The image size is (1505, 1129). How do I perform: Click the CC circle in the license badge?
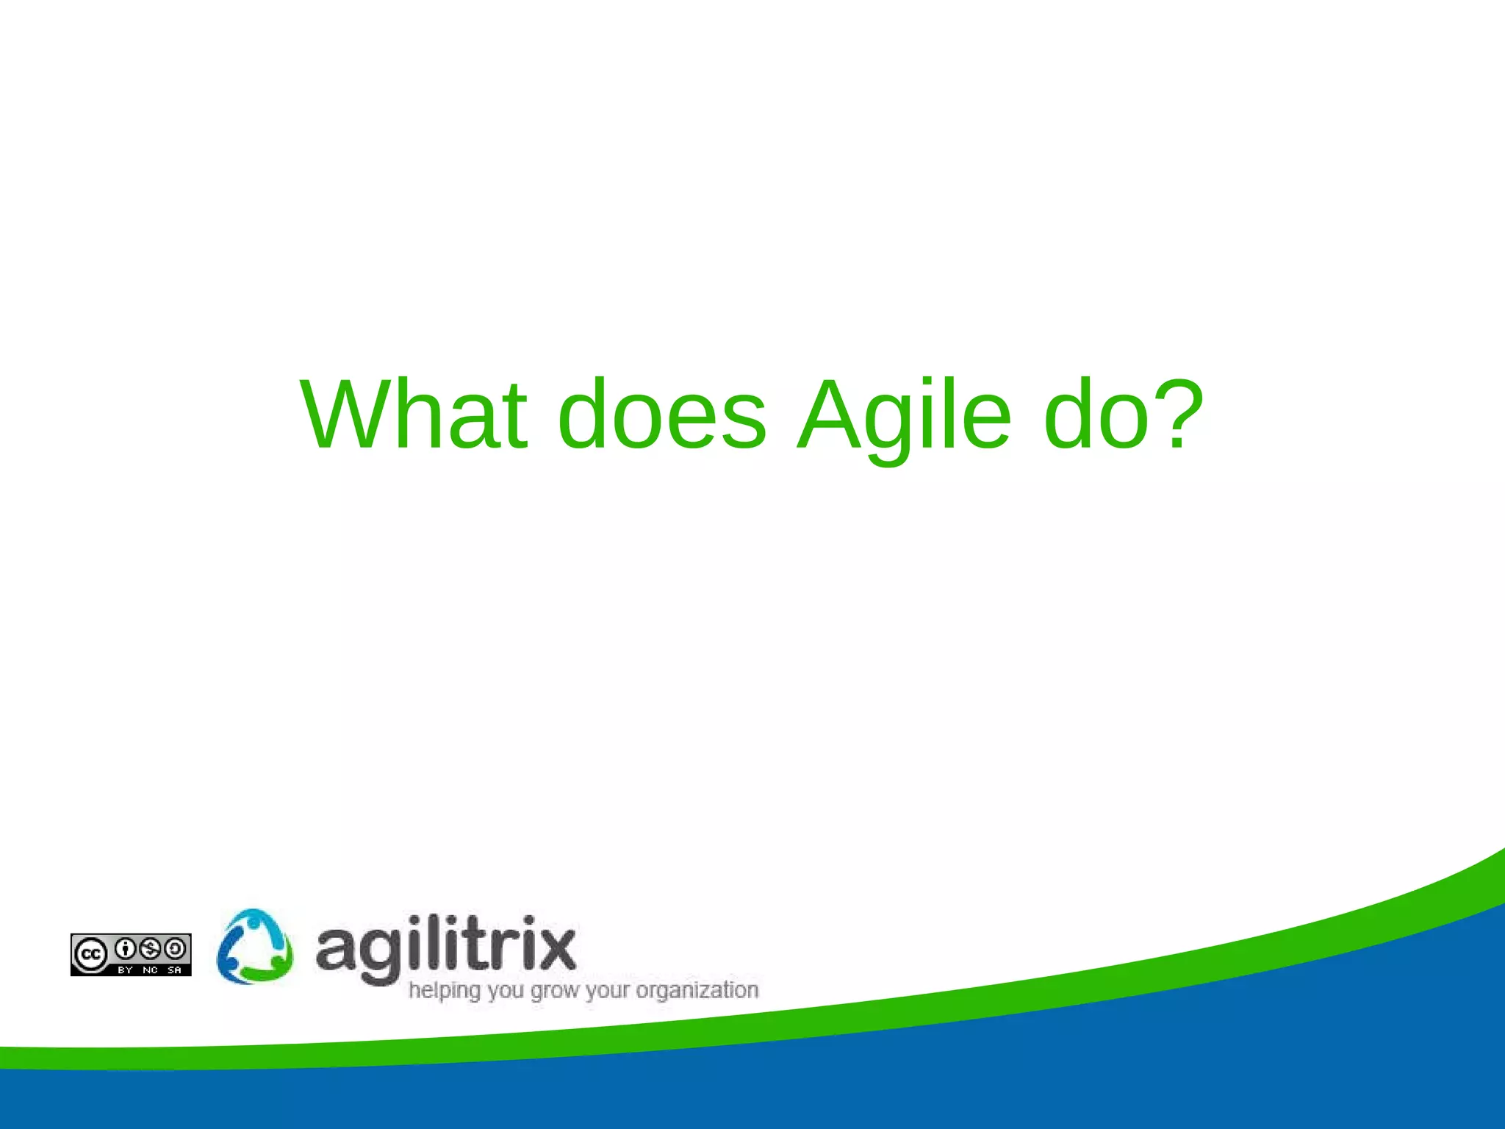tap(91, 955)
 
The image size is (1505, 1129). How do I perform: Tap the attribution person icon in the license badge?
tap(126, 949)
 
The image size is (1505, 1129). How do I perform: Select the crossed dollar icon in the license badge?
tap(151, 949)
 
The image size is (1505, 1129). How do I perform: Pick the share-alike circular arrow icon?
tap(175, 949)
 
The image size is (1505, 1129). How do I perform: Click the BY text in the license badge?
tap(125, 970)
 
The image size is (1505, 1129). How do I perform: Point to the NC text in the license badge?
tap(150, 970)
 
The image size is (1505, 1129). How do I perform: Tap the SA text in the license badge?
tap(174, 970)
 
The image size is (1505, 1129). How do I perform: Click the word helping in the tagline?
tap(444, 991)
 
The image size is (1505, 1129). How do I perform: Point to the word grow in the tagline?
tap(555, 991)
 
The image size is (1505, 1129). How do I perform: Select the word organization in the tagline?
tap(697, 991)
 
